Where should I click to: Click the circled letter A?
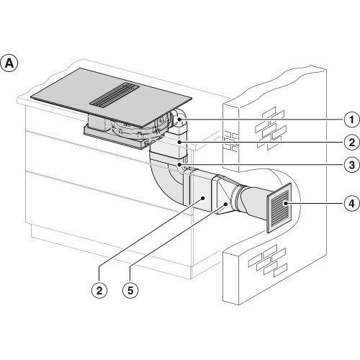coord(9,63)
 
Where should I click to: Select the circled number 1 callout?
coord(351,120)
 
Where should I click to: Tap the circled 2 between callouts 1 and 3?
coord(351,143)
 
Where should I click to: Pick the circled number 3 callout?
coord(351,165)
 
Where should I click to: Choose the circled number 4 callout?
coord(351,204)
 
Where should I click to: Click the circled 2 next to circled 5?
coord(99,290)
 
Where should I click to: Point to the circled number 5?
coord(130,290)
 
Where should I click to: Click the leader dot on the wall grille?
coord(286,204)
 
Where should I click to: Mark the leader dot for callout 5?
coord(225,204)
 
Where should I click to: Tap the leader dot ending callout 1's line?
coord(179,120)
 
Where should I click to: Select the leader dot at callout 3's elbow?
coord(179,164)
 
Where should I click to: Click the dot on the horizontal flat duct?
coord(203,198)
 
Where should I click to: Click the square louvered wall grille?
coord(279,208)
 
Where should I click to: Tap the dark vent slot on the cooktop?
coord(114,94)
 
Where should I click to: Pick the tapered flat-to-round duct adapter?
coord(225,195)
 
